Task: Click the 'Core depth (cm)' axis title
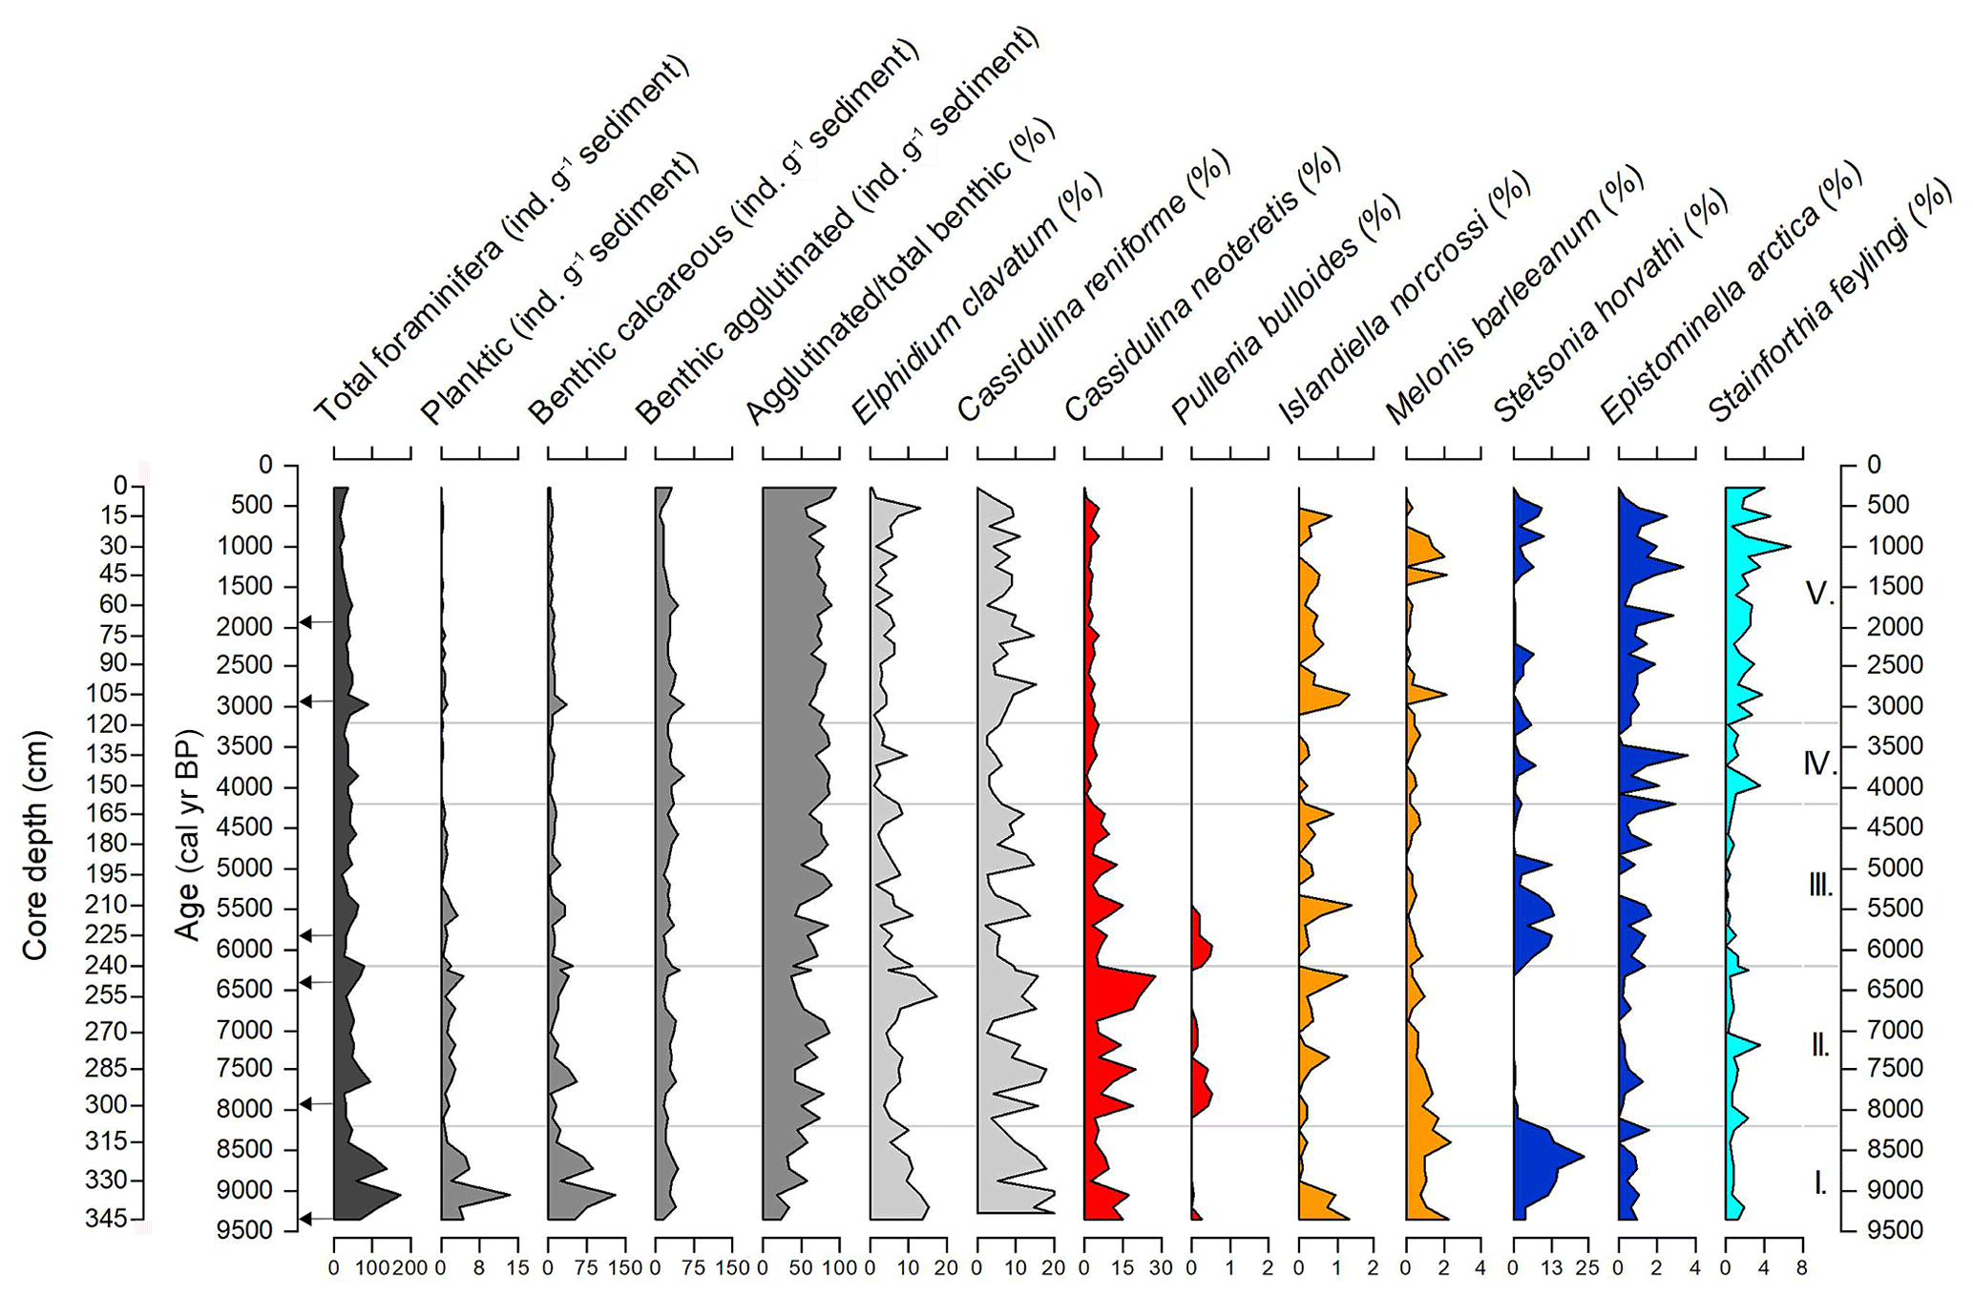point(35,845)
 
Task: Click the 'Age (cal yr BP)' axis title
point(187,835)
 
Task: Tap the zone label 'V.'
point(1819,594)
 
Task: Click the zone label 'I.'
point(1819,1184)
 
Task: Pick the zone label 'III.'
point(1819,886)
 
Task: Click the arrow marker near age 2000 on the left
point(306,622)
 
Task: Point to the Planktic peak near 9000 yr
point(508,1194)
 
